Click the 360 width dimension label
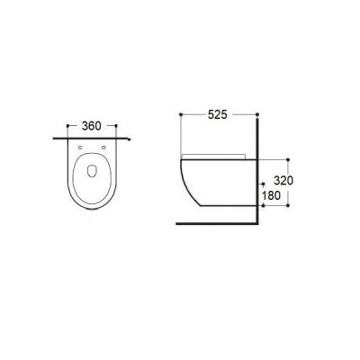92,126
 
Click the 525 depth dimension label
218,114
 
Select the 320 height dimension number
283,181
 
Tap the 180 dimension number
271,195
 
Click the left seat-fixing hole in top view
80,148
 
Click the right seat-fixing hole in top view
103,148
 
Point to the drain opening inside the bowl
92,171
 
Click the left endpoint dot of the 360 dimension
67,126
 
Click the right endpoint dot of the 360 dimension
116,126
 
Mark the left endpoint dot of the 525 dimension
181,114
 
